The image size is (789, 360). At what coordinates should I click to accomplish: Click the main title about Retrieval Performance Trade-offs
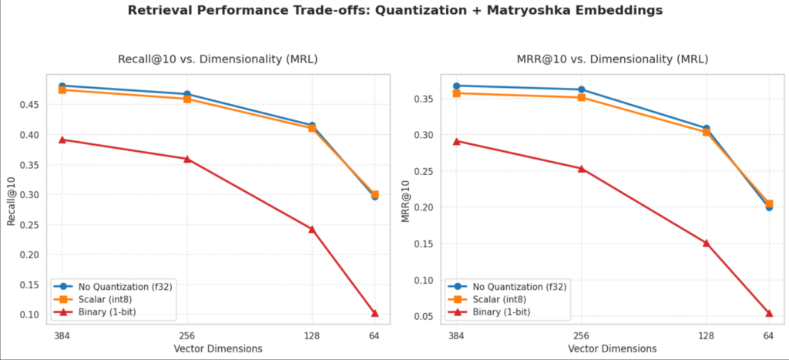394,12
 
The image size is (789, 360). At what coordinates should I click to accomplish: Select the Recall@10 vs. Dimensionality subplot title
217,59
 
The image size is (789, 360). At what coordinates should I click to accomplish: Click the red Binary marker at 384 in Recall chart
62,140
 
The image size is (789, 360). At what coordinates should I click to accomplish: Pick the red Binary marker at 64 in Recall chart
374,313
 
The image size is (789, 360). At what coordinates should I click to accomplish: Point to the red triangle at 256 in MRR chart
582,169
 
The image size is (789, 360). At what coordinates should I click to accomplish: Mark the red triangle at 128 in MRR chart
706,243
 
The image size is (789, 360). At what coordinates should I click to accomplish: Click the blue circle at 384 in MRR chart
457,86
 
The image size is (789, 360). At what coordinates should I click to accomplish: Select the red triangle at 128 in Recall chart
311,229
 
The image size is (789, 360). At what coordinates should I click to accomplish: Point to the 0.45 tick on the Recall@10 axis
38,105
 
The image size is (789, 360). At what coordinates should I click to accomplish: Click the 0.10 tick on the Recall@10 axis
38,315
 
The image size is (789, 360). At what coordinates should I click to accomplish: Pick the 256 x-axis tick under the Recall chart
187,336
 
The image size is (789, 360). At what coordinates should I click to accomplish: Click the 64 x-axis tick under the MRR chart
768,336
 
